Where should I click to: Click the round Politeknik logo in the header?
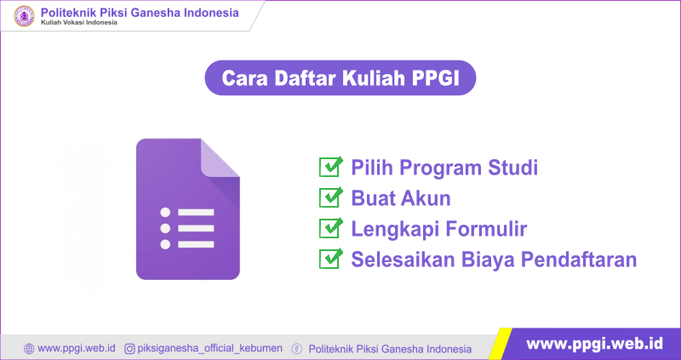pyautogui.click(x=24, y=16)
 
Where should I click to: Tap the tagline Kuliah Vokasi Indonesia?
pyautogui.click(x=79, y=23)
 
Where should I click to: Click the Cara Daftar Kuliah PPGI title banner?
pyautogui.click(x=340, y=77)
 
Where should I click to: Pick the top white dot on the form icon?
pyautogui.click(x=165, y=213)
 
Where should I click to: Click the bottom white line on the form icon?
pyautogui.click(x=196, y=244)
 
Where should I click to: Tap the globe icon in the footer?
pyautogui.click(x=29, y=349)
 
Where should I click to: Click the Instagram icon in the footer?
pyautogui.click(x=129, y=348)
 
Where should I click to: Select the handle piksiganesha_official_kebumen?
pyautogui.click(x=209, y=348)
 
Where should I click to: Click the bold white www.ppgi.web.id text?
pyautogui.click(x=594, y=344)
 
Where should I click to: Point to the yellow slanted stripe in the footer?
pyautogui.click(x=501, y=344)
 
